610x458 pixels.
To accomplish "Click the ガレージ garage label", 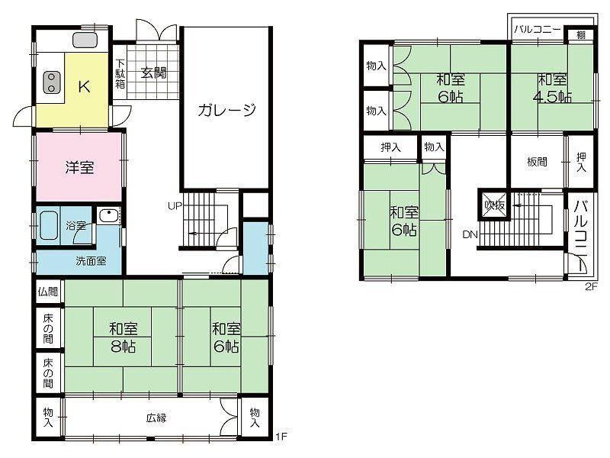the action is click(226, 110).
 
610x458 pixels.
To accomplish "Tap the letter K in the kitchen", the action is click(85, 86).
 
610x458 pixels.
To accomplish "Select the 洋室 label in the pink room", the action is click(79, 168).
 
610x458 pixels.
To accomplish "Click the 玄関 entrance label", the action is click(154, 73).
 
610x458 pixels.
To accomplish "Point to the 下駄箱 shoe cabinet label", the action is click(120, 73).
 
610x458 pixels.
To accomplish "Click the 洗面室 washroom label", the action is click(91, 261).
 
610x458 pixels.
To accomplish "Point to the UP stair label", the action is click(175, 205).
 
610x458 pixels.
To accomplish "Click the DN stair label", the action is click(470, 234).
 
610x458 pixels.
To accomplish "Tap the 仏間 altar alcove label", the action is click(48, 292).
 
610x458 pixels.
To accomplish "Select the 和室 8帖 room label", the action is click(124, 337).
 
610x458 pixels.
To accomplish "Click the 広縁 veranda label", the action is click(156, 418).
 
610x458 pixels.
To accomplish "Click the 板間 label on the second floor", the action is click(537, 162).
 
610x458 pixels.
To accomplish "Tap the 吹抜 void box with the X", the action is click(495, 205).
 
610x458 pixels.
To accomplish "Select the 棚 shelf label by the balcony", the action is click(580, 35).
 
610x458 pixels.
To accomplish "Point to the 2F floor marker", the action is click(590, 287).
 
